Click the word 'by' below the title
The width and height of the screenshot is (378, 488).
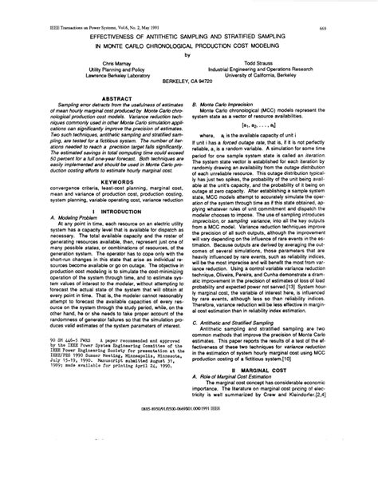(188, 56)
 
